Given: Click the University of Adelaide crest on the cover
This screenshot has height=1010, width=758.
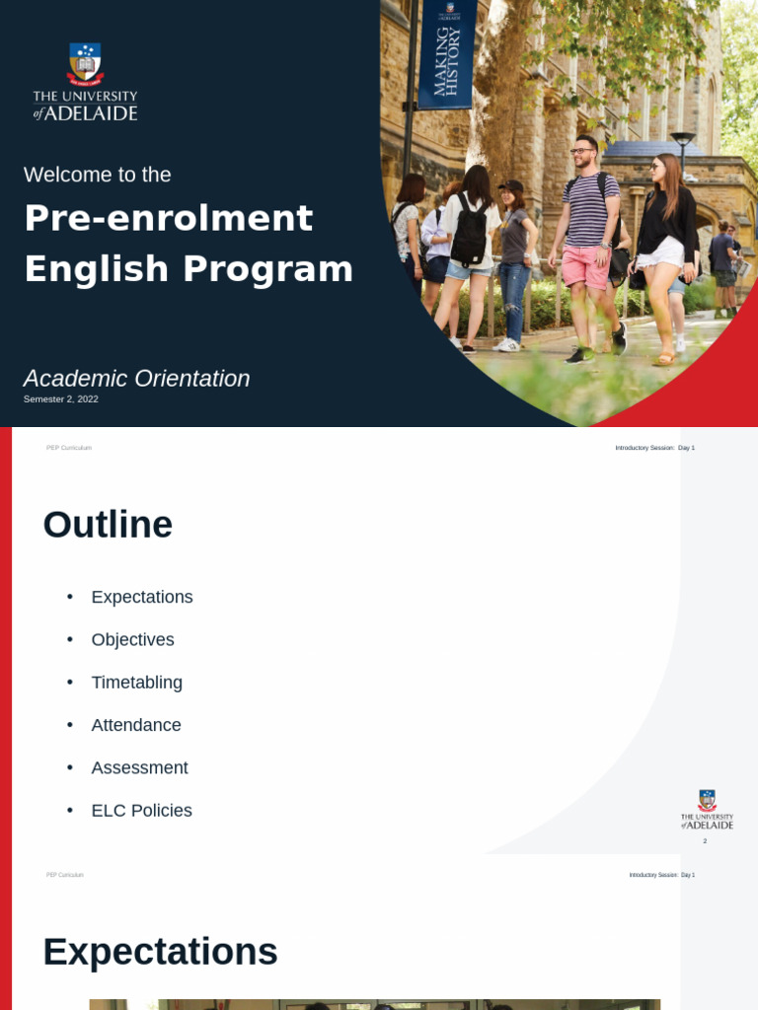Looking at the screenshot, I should (x=85, y=64).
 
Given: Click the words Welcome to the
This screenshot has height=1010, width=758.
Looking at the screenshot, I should (x=97, y=175).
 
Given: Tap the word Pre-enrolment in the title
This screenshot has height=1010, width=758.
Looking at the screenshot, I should (x=168, y=218).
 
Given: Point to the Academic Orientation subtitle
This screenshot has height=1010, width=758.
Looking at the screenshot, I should (x=136, y=379).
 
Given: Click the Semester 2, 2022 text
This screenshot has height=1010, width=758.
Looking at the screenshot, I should (x=61, y=399).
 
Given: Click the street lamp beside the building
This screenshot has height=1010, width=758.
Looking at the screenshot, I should (x=682, y=148).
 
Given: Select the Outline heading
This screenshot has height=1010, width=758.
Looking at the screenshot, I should (x=108, y=525).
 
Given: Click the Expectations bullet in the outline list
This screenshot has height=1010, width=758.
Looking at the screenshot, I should (x=142, y=597).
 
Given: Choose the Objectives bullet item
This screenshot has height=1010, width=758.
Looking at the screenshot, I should (x=132, y=639).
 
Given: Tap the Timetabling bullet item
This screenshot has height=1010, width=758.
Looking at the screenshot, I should (x=136, y=683).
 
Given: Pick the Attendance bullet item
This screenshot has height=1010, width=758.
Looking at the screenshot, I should (x=136, y=725).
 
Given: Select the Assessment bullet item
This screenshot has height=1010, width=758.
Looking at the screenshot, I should (x=139, y=767).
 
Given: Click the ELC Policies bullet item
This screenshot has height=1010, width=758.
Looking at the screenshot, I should (x=141, y=811).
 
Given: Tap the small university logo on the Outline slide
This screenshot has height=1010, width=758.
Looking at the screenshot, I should (x=707, y=809).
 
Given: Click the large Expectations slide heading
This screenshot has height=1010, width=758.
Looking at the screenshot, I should (x=160, y=952).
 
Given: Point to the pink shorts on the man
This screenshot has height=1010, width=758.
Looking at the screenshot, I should (x=586, y=267).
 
